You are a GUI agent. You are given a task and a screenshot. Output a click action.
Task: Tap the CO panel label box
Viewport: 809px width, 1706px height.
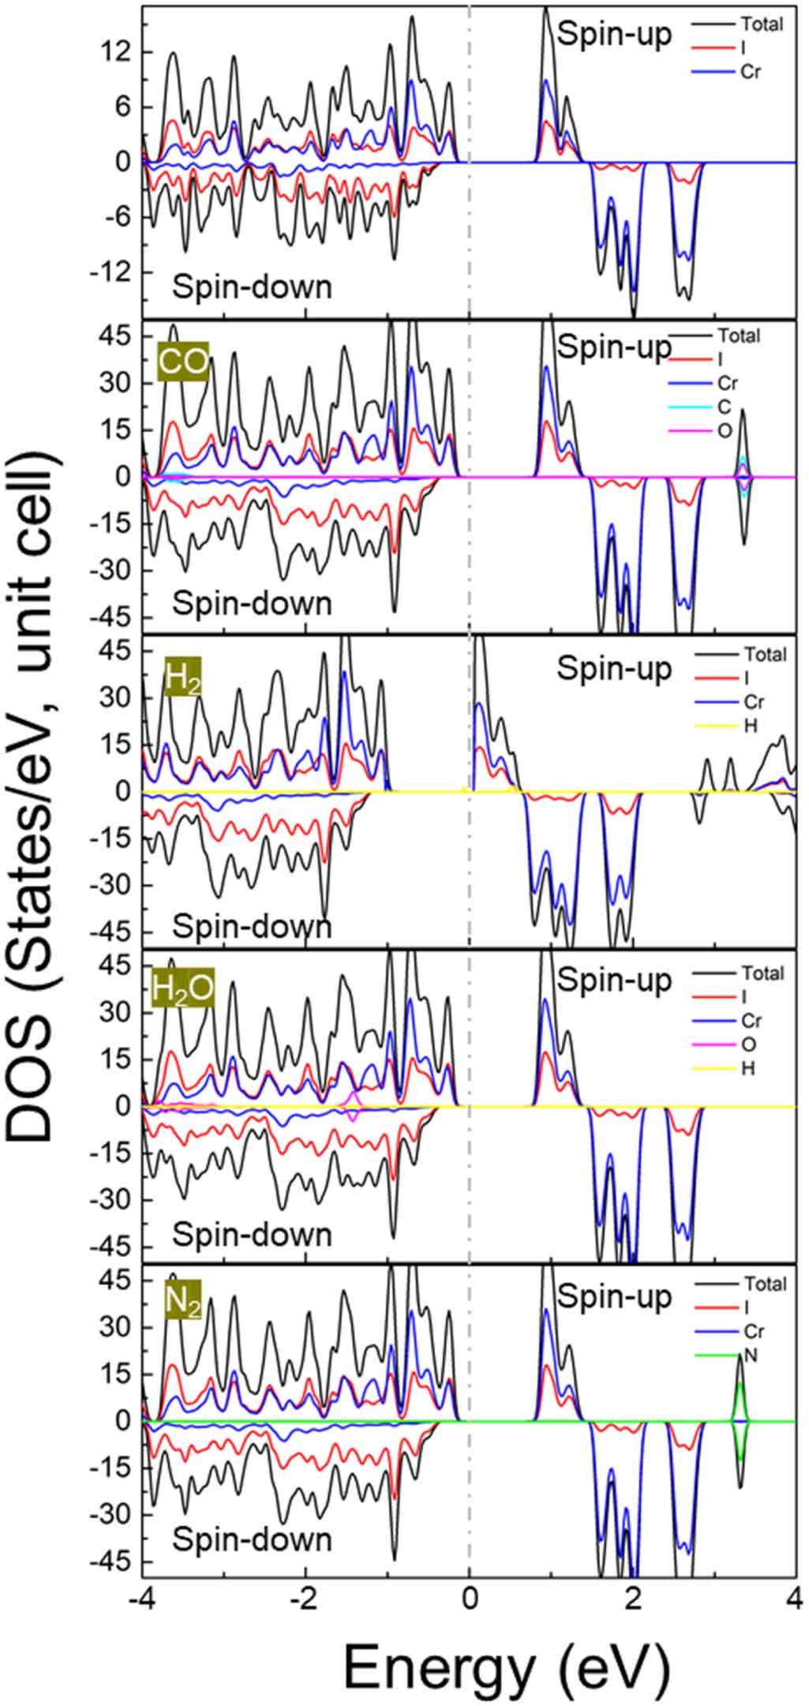point(183,362)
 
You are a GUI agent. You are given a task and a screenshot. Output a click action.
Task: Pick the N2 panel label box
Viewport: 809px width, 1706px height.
point(183,1303)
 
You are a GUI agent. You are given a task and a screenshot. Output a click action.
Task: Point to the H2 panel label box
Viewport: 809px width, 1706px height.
point(182,677)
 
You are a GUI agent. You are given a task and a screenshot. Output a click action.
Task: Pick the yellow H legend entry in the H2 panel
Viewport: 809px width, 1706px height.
point(749,725)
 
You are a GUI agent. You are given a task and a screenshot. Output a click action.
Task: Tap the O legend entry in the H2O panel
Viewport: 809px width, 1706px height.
point(749,1044)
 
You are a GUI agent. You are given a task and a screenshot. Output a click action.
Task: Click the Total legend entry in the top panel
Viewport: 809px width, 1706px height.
point(761,24)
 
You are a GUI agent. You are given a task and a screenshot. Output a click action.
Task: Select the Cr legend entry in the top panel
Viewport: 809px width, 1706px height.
point(751,72)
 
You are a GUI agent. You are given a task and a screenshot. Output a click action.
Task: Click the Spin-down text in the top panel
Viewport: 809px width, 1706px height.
point(253,287)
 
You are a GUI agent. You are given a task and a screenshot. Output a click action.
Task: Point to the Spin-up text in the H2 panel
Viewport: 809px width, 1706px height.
point(615,668)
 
